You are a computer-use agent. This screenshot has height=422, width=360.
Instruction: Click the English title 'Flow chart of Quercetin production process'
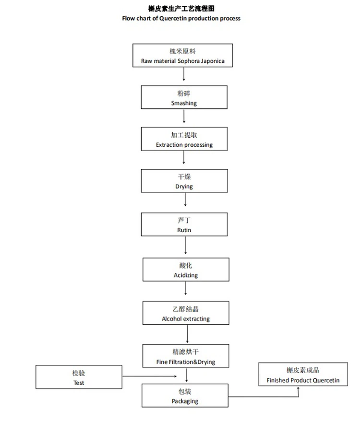(x=181, y=18)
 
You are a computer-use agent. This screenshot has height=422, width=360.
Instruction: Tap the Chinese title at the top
(x=181, y=9)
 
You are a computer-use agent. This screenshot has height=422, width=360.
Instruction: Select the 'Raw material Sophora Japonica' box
(x=183, y=55)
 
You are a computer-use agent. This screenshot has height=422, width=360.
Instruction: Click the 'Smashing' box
(x=184, y=97)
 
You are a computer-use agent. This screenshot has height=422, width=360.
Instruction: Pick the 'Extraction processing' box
(x=184, y=139)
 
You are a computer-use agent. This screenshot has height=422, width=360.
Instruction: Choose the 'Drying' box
(x=184, y=181)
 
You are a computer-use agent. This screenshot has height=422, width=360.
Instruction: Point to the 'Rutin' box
(x=184, y=224)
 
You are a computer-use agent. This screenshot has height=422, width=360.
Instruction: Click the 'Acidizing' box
(x=185, y=270)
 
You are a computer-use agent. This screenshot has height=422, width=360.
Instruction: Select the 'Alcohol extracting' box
(x=185, y=313)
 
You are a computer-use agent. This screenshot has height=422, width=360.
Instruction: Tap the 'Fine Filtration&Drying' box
(x=185, y=356)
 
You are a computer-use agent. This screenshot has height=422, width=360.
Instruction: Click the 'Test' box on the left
(x=79, y=377)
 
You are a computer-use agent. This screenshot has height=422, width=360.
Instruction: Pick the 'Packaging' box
(x=185, y=396)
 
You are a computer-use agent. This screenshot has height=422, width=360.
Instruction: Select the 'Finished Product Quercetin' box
(x=303, y=375)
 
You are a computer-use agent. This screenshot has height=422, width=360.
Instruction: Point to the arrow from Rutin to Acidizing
(x=186, y=246)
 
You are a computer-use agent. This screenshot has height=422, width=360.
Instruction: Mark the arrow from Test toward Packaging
(x=132, y=376)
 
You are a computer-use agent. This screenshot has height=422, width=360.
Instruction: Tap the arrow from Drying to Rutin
(x=185, y=202)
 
